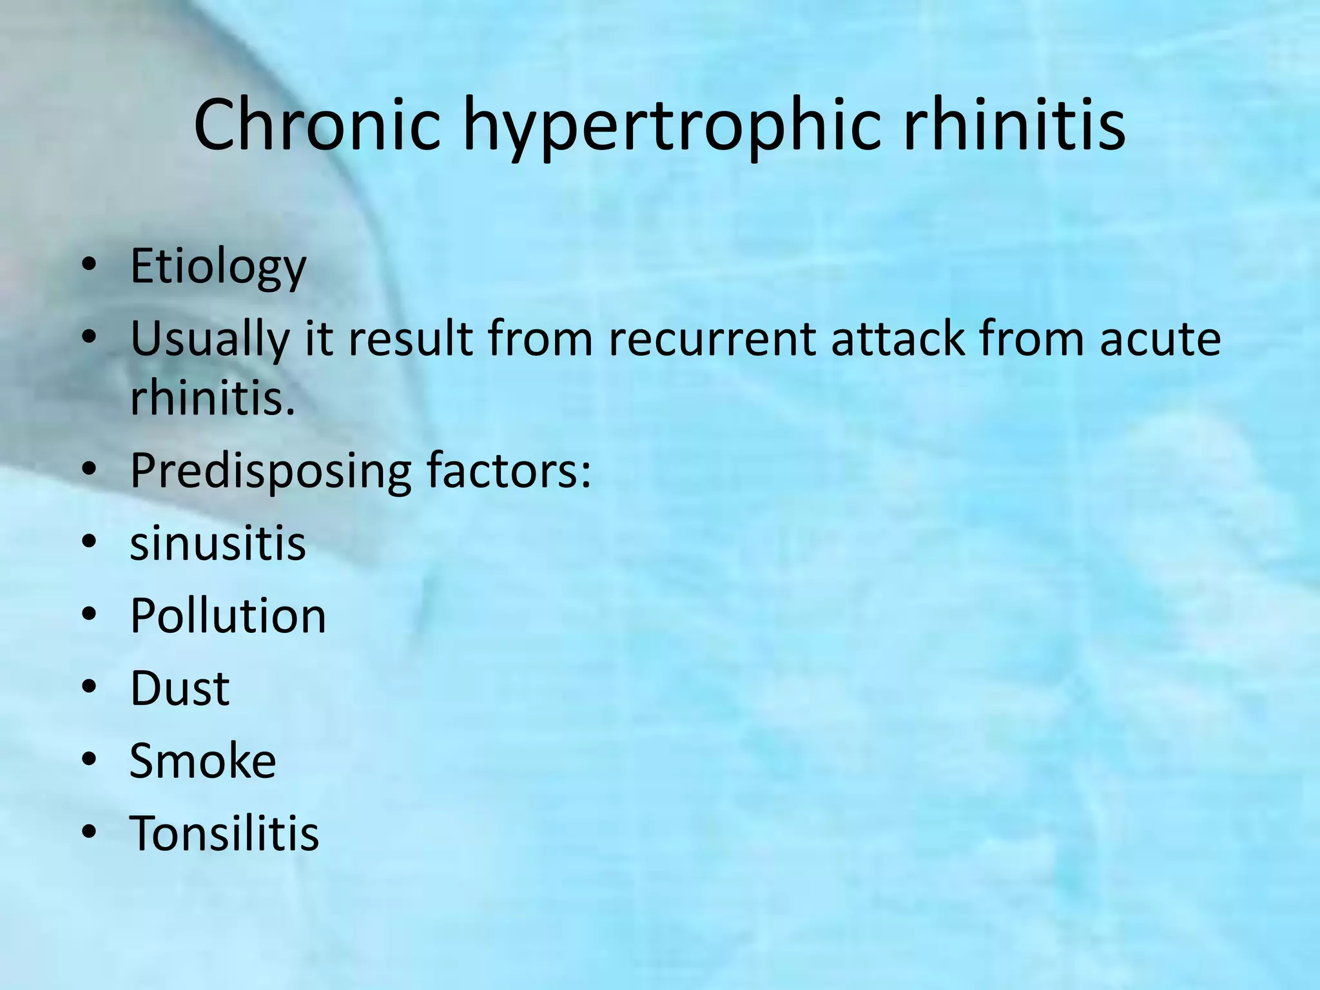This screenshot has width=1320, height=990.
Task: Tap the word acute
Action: [x=1160, y=340]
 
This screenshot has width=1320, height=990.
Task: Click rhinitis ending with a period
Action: [x=212, y=398]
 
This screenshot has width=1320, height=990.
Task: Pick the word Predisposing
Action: [x=270, y=472]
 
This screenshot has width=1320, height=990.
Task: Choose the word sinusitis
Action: [x=217, y=543]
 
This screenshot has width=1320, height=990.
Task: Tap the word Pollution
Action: [x=228, y=616]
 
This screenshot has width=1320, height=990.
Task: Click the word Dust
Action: [x=180, y=688]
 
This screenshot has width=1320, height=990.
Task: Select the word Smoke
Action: [x=202, y=761]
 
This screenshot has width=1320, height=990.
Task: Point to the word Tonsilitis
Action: [x=224, y=833]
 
